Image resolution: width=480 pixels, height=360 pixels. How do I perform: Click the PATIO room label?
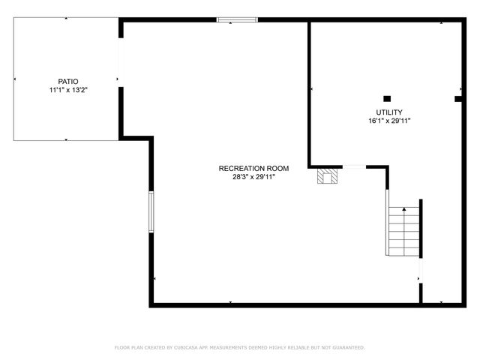[x=68, y=81]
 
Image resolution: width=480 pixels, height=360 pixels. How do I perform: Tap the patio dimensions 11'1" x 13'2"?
[x=68, y=90]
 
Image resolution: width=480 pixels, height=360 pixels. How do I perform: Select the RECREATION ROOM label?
[x=253, y=168]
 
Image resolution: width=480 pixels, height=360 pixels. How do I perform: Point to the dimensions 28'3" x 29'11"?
[x=253, y=177]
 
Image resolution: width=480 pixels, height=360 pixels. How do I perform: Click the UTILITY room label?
[x=388, y=112]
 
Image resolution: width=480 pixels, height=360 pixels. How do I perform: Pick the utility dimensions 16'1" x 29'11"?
[x=388, y=121]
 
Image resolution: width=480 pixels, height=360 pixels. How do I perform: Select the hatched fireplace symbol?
[x=326, y=175]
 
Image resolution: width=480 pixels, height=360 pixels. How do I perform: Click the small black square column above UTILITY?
[x=387, y=97]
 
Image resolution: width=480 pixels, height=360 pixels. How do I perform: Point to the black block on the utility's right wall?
[x=458, y=97]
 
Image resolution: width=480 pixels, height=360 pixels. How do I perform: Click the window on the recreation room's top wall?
[x=237, y=19]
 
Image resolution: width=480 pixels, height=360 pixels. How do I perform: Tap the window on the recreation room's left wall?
[x=151, y=211]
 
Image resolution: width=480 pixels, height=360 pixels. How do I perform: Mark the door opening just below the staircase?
[x=421, y=271]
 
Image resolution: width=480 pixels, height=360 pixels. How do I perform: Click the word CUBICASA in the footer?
[x=190, y=348]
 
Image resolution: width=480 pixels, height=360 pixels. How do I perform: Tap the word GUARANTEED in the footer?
[x=346, y=348]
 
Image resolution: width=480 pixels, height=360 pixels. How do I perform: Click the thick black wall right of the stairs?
[x=421, y=228]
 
